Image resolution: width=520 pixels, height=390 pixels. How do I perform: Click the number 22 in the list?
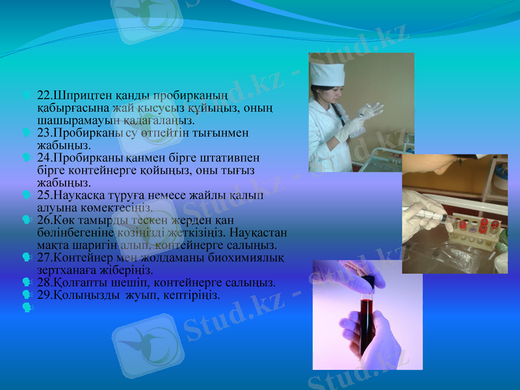click(x=44, y=95)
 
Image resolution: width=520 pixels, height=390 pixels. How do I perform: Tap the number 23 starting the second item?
click(x=44, y=133)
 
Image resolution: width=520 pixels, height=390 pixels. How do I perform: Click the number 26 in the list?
click(x=44, y=220)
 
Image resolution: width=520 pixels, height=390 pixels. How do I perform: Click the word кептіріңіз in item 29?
click(x=193, y=295)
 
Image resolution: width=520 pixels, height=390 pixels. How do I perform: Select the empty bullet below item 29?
click(x=26, y=306)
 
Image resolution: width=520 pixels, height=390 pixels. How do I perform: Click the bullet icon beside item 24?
click(x=26, y=158)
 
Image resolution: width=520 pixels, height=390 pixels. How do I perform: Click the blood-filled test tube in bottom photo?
click(x=367, y=318)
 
